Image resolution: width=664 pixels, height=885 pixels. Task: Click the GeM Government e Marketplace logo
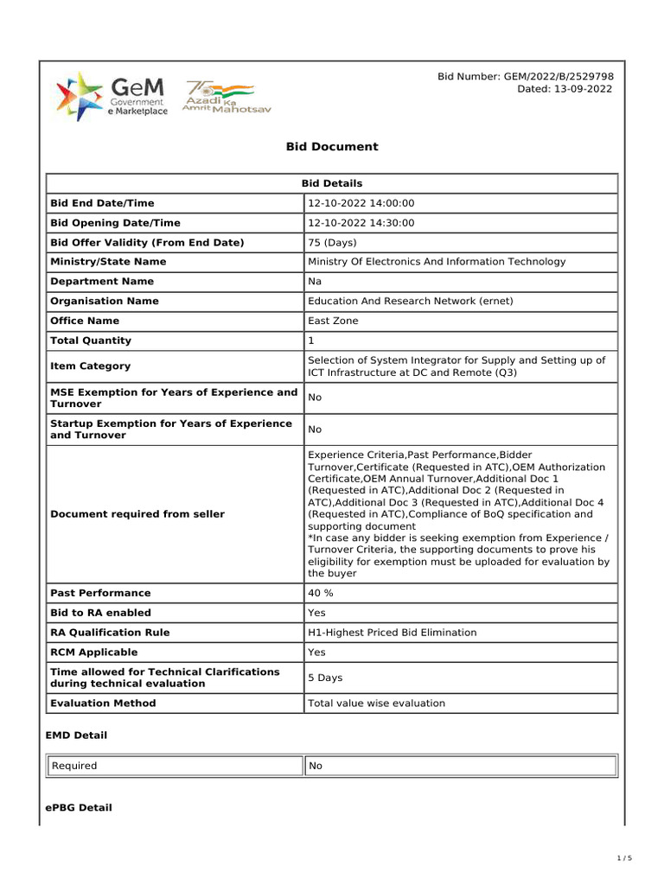pos(112,97)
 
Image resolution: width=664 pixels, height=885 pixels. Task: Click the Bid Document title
pos(332,147)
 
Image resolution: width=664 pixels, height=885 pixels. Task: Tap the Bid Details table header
pos(332,183)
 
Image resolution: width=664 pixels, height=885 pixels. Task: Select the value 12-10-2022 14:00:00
pos(361,203)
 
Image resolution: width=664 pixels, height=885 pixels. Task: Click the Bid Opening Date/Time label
pos(115,223)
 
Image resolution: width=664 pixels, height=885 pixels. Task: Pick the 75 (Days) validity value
pos(332,243)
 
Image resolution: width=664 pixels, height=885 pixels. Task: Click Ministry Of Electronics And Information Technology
pos(437,262)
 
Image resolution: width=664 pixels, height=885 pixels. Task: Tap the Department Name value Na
pos(315,282)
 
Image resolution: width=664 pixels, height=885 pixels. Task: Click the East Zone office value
pos(333,321)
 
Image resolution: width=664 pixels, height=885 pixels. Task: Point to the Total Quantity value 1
pos(311,341)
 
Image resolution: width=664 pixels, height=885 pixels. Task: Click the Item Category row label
pos(91,366)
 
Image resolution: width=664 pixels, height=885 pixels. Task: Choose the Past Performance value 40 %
pos(321,593)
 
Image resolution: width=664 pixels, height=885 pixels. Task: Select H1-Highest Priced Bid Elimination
pos(392,633)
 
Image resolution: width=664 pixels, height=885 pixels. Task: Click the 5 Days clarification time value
pos(325,678)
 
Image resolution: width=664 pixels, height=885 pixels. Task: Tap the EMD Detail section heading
pos(76,735)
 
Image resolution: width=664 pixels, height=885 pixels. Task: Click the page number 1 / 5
pos(624,858)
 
